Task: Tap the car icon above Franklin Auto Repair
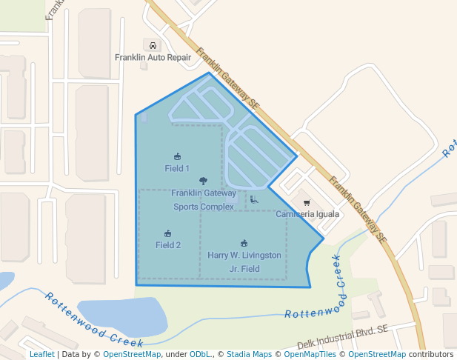pyautogui.click(x=153, y=45)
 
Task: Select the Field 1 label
pyautogui.click(x=177, y=169)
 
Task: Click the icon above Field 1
pyautogui.click(x=177, y=156)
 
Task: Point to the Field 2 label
pyautogui.click(x=168, y=245)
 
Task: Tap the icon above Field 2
pyautogui.click(x=168, y=233)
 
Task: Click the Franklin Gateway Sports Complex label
pyautogui.click(x=204, y=200)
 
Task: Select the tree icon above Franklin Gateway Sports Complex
pyautogui.click(x=204, y=181)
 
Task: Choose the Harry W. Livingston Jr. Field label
pyautogui.click(x=244, y=261)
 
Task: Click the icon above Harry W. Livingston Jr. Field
pyautogui.click(x=244, y=243)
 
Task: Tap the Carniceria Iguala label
pyautogui.click(x=307, y=215)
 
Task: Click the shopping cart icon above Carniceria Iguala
pyautogui.click(x=307, y=202)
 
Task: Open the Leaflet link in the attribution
pyautogui.click(x=42, y=355)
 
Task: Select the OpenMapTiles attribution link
pyautogui.click(x=310, y=355)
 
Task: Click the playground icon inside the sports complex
pyautogui.click(x=254, y=199)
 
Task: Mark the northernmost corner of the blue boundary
pyautogui.click(x=210, y=73)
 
